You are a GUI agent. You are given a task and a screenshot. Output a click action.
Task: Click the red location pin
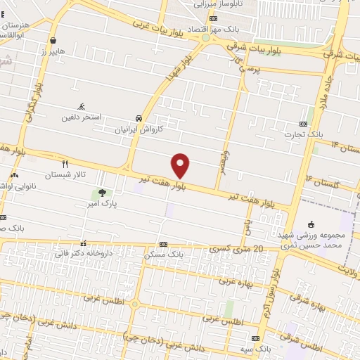tap(181, 165)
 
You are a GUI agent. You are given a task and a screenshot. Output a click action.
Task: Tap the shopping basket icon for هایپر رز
tap(53, 40)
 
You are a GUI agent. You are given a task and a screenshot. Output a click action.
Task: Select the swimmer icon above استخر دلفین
tap(82, 106)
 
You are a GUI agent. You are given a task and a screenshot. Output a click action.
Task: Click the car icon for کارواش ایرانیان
tap(139, 119)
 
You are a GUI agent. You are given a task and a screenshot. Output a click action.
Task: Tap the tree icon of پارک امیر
tap(103, 192)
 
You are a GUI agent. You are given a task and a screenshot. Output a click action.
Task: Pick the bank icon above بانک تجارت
tap(304, 122)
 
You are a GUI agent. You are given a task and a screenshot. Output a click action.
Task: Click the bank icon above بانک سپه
tap(265, 338)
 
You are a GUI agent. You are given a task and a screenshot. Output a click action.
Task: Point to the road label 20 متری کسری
tap(237, 250)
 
